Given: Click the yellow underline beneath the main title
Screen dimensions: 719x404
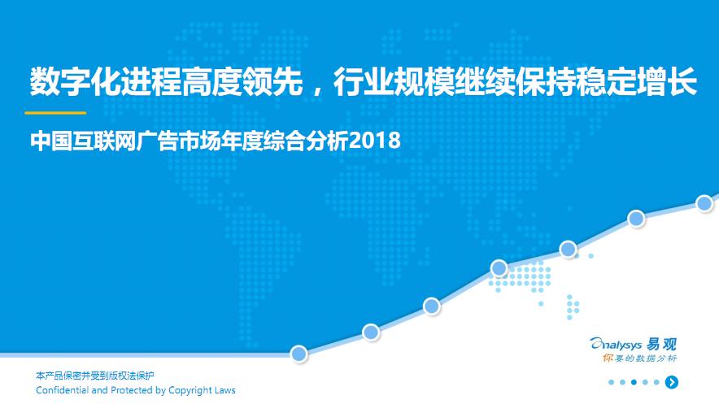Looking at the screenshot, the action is coord(55,113).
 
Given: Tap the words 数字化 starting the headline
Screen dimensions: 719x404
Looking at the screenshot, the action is coord(74,82).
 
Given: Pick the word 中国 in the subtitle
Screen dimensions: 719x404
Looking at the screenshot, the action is coord(50,141).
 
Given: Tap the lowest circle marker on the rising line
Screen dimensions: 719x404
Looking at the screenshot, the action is coord(299,354).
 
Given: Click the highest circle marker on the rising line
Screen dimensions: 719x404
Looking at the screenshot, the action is coord(704,203).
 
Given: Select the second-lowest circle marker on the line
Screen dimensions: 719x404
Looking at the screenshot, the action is coord(371,332).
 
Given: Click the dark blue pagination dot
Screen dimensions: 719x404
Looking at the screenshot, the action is coord(634,382).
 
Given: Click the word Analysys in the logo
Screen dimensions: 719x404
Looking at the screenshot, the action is coord(617,344).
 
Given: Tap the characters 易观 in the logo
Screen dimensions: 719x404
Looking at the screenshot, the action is coord(661,344).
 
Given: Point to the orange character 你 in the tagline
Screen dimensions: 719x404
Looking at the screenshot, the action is coord(608,358).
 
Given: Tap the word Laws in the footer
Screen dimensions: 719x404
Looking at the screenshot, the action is coord(224,390).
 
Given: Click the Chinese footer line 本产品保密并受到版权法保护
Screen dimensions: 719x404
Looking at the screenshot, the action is coord(95,376).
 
